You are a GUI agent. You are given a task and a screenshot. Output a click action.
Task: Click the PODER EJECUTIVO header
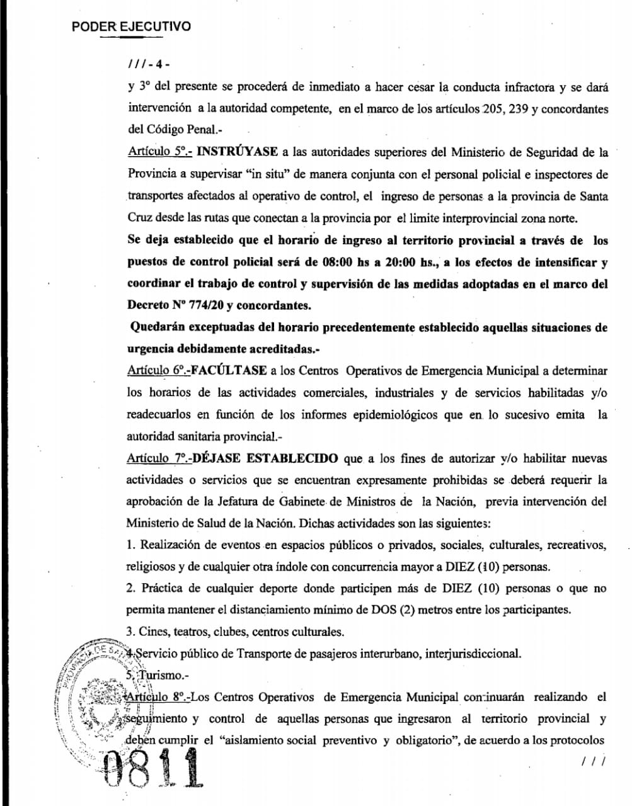click(x=131, y=26)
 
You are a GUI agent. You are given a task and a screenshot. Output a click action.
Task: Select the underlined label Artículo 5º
click(x=151, y=152)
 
